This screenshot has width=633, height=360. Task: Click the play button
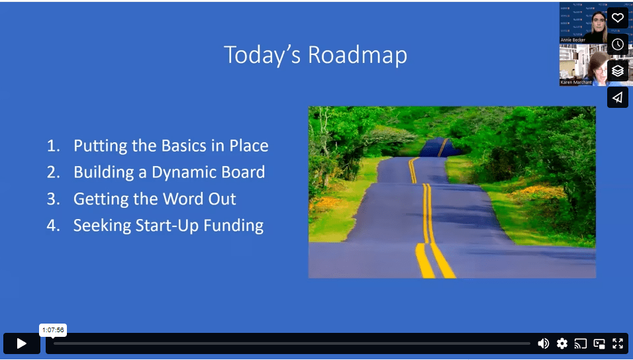(x=21, y=343)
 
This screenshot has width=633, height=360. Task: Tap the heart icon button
(x=617, y=18)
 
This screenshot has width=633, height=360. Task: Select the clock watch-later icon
(x=617, y=44)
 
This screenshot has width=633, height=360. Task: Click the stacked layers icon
(x=617, y=71)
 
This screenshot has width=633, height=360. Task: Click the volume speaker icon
(x=544, y=343)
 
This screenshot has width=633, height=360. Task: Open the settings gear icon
(x=562, y=343)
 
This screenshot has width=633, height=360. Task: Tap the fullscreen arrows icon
(x=618, y=343)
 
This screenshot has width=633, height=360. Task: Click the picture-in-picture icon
(x=599, y=343)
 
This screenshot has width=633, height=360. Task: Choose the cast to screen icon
(x=581, y=343)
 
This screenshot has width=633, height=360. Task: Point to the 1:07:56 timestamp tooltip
(x=53, y=330)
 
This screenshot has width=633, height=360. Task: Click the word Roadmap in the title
(x=358, y=56)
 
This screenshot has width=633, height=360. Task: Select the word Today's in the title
(x=262, y=56)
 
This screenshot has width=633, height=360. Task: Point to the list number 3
(x=53, y=199)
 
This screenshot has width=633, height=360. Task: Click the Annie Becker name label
(x=573, y=40)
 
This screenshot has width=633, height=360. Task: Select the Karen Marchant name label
(x=576, y=82)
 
